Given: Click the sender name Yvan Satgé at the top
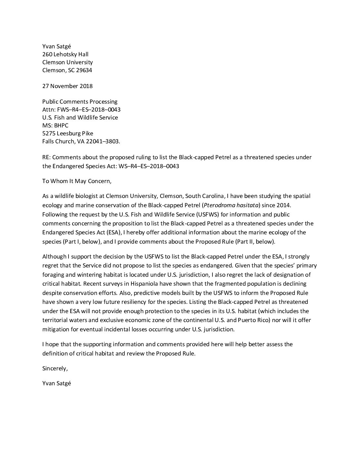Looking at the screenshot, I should (57, 46).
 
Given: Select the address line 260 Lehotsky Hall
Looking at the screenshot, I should (65, 54).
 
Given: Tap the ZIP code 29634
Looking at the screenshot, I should (84, 70).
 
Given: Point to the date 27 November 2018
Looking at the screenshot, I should (67, 86).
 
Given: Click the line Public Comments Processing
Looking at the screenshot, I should (80, 102).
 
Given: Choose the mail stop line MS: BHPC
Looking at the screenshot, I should (55, 125).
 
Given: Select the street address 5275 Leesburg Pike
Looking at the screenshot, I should (67, 133).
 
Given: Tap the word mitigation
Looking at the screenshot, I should (55, 329).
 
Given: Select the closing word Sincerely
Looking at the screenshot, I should (55, 368).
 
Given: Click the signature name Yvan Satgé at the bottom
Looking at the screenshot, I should (57, 384).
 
